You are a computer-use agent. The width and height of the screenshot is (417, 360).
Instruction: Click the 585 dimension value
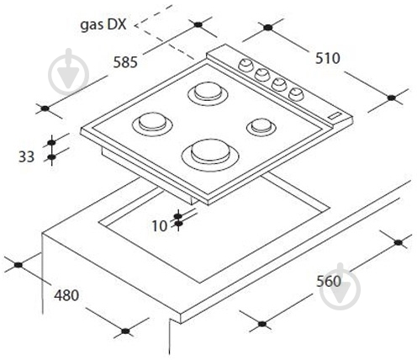(x=125, y=62)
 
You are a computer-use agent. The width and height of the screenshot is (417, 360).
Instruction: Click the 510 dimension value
(x=328, y=58)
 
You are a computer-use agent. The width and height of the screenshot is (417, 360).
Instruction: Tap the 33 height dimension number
(x=26, y=156)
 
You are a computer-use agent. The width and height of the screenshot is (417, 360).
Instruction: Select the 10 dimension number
(x=160, y=225)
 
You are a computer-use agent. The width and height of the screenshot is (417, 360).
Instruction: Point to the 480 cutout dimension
(x=66, y=295)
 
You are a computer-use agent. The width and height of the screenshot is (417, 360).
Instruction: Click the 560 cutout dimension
(x=329, y=281)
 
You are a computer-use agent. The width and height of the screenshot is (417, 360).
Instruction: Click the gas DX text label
(x=103, y=25)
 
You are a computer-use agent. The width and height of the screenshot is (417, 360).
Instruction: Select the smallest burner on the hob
(x=261, y=127)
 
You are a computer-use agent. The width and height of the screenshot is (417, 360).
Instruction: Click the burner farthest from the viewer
(x=208, y=94)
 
